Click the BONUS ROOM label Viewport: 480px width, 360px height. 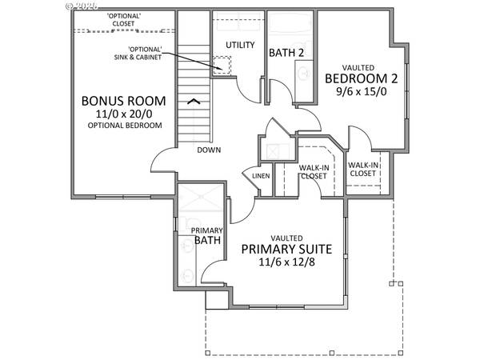(x=123, y=102)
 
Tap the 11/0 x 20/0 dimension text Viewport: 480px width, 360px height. (x=123, y=114)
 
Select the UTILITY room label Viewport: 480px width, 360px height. (x=239, y=45)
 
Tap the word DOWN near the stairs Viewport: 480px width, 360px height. (x=210, y=150)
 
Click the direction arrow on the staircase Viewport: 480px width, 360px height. (x=192, y=102)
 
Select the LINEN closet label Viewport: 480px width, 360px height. (x=261, y=176)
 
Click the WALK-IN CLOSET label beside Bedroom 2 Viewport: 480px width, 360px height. (x=362, y=169)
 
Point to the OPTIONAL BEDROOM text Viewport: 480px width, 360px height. (x=123, y=126)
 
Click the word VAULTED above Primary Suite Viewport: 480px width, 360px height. (x=286, y=238)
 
